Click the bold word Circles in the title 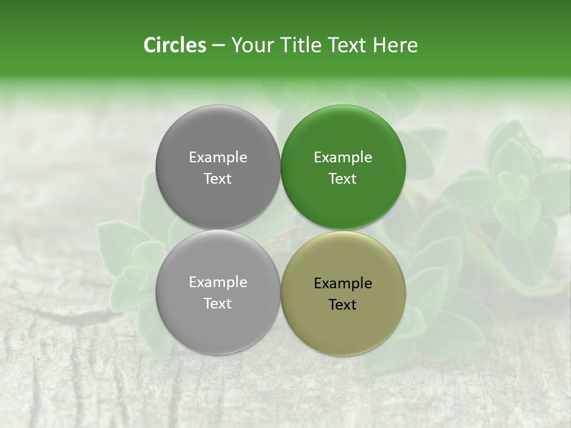pos(174,45)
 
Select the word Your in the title pos(251,45)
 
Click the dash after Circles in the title pos(218,46)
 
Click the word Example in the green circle pos(343,158)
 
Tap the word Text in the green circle pos(343,179)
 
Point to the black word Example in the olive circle pos(343,284)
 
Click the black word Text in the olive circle pos(343,305)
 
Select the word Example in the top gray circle pos(218,158)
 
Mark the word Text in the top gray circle pos(218,179)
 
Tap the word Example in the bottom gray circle pos(218,282)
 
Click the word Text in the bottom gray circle pos(218,304)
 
